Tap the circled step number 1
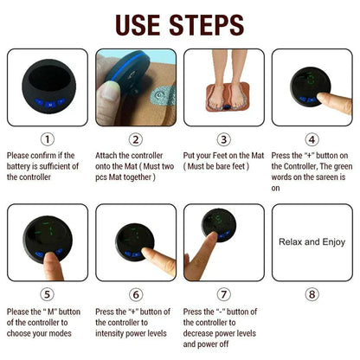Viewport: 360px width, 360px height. click(48, 138)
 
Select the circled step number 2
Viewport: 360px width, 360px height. click(136, 138)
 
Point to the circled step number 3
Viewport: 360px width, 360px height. click(224, 138)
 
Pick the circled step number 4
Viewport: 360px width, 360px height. click(312, 138)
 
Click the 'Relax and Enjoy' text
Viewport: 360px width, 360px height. click(312, 242)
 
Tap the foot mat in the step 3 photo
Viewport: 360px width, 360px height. click(224, 97)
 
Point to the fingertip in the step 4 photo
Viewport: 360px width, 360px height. click(321, 99)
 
